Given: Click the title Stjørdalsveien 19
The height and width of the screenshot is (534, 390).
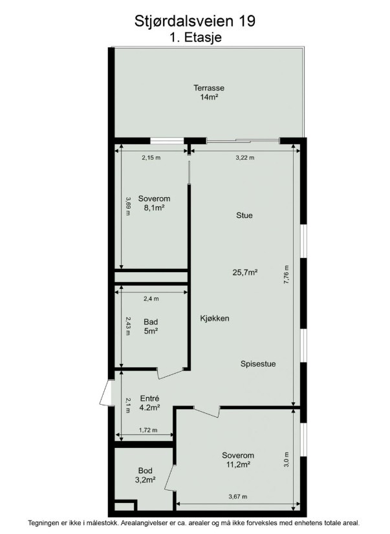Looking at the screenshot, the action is point(195,21).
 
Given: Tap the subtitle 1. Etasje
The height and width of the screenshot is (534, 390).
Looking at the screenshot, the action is point(196,37).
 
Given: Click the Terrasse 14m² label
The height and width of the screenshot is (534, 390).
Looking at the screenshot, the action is point(209,92).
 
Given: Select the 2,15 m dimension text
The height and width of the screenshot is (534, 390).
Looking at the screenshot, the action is point(151,158).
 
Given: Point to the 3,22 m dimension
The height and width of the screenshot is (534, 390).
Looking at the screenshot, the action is point(245,158).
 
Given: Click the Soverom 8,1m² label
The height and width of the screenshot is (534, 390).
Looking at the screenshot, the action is point(154,203).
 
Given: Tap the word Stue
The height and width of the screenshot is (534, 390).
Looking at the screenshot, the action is point(244,215).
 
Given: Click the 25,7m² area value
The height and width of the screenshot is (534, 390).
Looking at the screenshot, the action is point(244,272).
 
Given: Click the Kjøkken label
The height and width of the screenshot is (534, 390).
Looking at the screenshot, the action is point(215,319).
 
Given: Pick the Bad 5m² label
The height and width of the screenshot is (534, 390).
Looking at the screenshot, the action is point(151,326).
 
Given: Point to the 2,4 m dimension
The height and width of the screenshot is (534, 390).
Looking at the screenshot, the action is point(151,299).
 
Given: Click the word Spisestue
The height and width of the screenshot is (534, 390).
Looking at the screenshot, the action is point(258,364).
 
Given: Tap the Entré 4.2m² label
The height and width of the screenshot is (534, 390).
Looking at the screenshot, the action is point(150,403).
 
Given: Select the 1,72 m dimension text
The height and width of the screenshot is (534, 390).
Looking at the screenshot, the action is point(148,430).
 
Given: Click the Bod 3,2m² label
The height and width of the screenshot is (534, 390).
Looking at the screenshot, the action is point(146,475).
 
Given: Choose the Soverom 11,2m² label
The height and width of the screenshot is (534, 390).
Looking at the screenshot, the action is point(238,460).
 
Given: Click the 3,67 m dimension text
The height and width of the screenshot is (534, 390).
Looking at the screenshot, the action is point(238,497).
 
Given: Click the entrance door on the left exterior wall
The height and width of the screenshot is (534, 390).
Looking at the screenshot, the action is point(107,392).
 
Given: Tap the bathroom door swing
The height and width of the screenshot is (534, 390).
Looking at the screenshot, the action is point(169,373).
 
